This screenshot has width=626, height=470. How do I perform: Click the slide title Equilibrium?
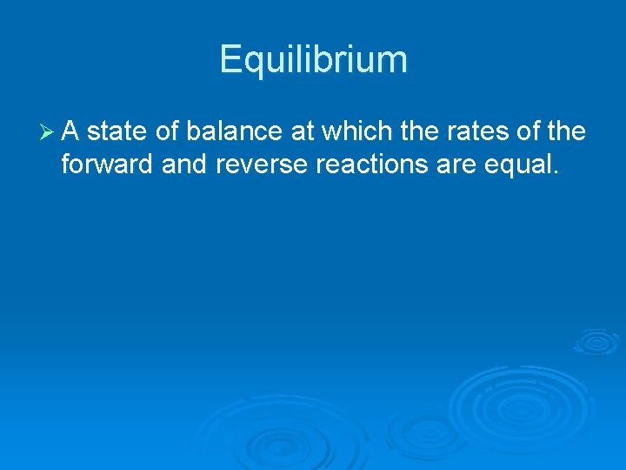[313, 60]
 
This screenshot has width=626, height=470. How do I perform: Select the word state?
[117, 132]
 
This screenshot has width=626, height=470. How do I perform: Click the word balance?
[233, 132]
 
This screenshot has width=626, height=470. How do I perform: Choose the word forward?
[108, 164]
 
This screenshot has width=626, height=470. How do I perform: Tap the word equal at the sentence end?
[523, 164]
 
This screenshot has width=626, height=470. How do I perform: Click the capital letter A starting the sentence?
[71, 132]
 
